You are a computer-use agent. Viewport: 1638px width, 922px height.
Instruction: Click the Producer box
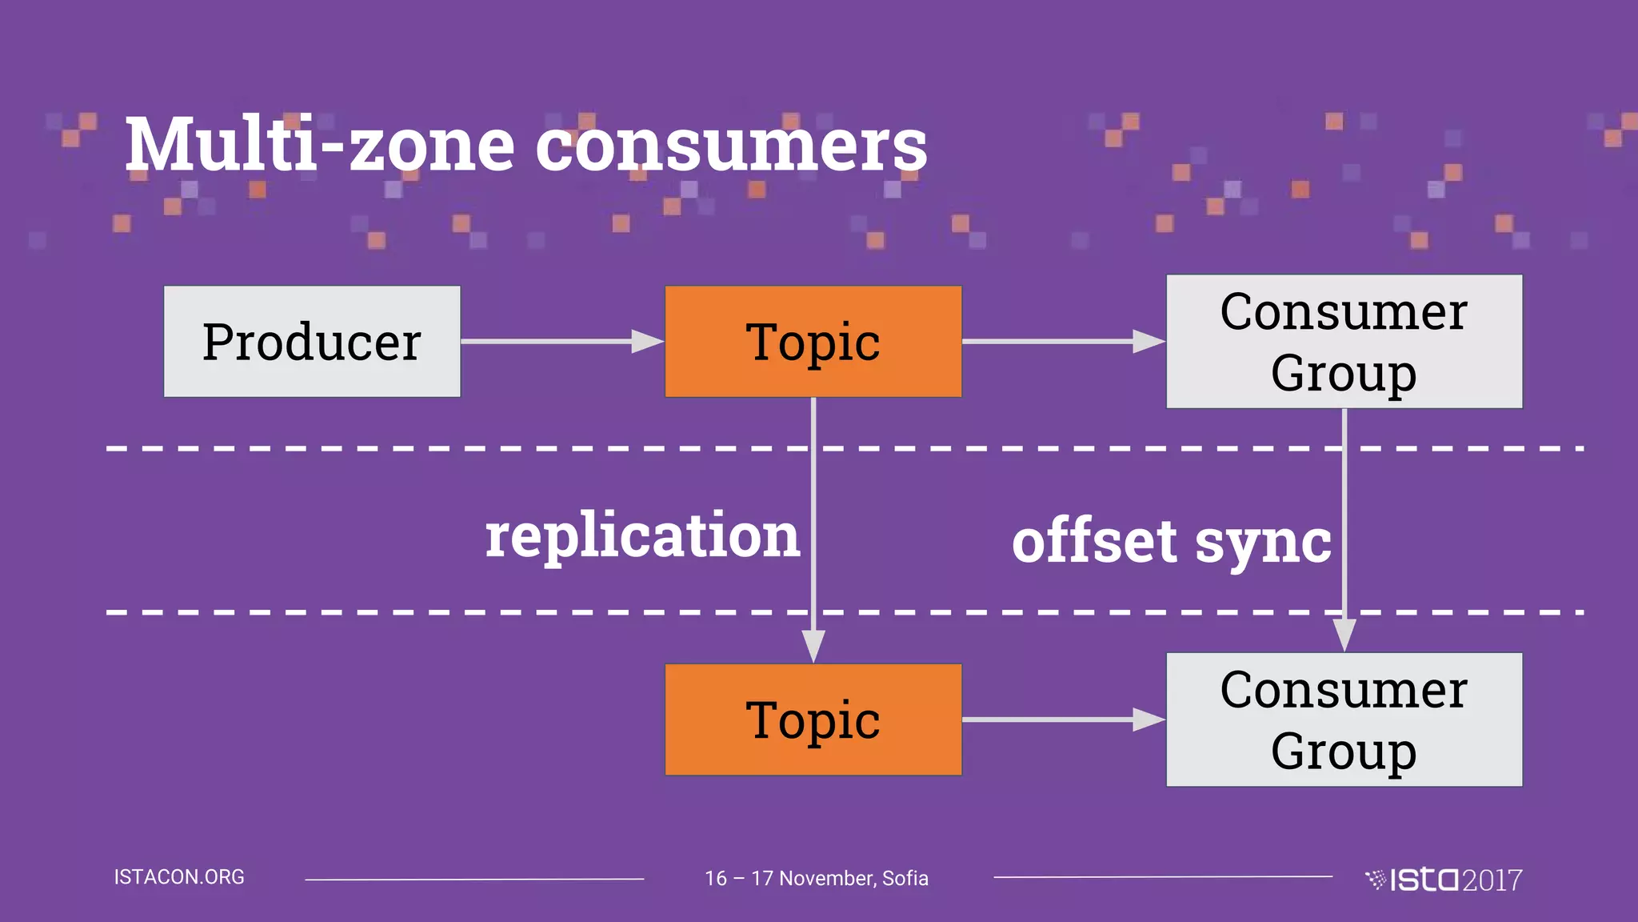[312, 342]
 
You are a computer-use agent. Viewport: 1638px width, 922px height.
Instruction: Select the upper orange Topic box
[813, 342]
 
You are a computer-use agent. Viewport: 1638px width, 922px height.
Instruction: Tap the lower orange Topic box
[813, 720]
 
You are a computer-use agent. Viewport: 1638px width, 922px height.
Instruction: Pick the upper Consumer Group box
[1344, 342]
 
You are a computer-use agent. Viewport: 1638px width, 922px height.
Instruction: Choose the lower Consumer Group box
[1344, 720]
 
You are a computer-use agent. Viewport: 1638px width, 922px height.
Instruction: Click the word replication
[642, 536]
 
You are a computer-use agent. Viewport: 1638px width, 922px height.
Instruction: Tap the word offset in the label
[1095, 542]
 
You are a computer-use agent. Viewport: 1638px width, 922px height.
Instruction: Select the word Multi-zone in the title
[320, 146]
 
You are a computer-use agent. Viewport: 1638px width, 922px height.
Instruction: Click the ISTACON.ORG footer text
[179, 877]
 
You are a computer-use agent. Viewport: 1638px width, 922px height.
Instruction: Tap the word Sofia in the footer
[905, 879]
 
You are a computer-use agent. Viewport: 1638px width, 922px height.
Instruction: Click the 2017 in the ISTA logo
[1492, 880]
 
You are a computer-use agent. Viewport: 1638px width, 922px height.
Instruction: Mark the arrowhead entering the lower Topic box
[813, 647]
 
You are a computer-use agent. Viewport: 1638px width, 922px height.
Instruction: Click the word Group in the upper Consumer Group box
[1344, 374]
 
